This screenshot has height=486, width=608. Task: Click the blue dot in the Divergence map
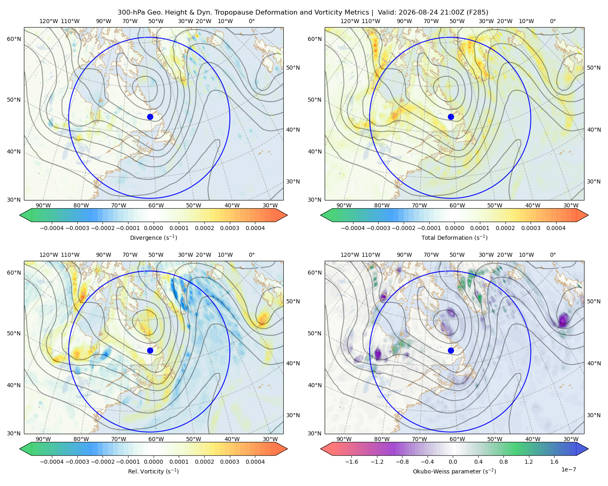click(150, 117)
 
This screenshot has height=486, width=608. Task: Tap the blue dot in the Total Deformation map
click(451, 117)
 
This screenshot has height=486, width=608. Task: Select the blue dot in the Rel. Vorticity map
click(150, 350)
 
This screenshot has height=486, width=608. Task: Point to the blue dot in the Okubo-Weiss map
click(451, 350)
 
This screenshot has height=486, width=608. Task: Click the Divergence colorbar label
click(153, 237)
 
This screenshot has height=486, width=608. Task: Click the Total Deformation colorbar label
click(454, 237)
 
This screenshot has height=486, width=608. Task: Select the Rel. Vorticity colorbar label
click(153, 471)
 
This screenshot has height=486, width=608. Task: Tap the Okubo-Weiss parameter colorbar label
click(454, 471)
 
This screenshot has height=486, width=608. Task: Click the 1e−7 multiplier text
click(568, 469)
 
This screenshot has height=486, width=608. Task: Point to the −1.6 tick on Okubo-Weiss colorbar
click(351, 461)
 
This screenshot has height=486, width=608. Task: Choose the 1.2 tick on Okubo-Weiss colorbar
click(529, 461)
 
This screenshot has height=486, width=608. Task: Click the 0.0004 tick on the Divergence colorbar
click(255, 228)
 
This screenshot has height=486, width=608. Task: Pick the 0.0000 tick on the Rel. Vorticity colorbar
click(153, 461)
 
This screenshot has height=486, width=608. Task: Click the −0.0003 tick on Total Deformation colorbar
click(378, 228)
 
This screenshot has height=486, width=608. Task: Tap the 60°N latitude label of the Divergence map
click(14, 39)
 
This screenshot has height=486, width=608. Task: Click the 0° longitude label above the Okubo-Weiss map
click(552, 254)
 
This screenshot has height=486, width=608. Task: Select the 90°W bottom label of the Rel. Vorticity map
click(43, 439)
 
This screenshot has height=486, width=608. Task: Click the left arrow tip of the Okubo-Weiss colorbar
click(321, 449)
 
